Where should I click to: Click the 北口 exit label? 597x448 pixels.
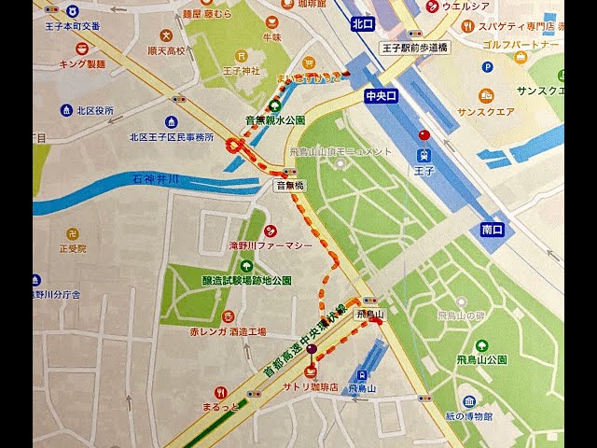coord(362,24)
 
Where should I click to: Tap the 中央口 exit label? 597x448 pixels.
coord(381,95)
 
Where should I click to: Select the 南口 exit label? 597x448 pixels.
coord(493,230)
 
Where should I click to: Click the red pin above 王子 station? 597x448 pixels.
coord(424,135)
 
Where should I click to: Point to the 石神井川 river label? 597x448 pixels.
coord(155,177)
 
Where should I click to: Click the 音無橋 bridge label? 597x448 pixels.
coord(289,186)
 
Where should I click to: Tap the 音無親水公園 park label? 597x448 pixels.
coord(275,120)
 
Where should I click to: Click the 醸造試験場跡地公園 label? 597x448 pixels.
coord(246,280)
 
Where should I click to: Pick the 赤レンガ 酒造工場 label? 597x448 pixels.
coord(228,331)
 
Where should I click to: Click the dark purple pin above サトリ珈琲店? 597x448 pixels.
coord(312,351)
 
